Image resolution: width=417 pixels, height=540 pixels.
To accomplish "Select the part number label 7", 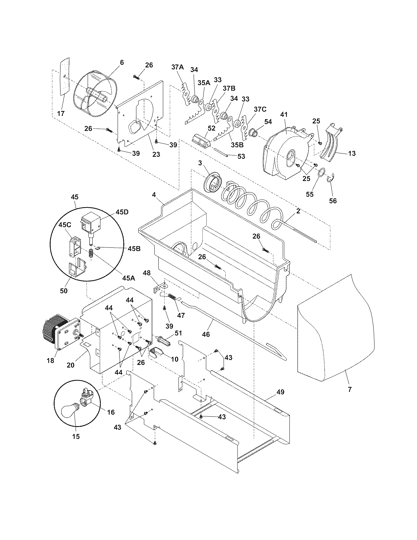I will tap(350, 389).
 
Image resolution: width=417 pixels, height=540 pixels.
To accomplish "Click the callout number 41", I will tap(284, 115).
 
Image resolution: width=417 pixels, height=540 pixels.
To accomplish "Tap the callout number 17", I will tap(61, 114).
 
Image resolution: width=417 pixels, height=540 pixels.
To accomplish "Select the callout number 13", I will tap(352, 153).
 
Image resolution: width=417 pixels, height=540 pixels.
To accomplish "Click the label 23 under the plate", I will tap(156, 154).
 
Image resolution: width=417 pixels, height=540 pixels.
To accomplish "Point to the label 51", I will tap(178, 333).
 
